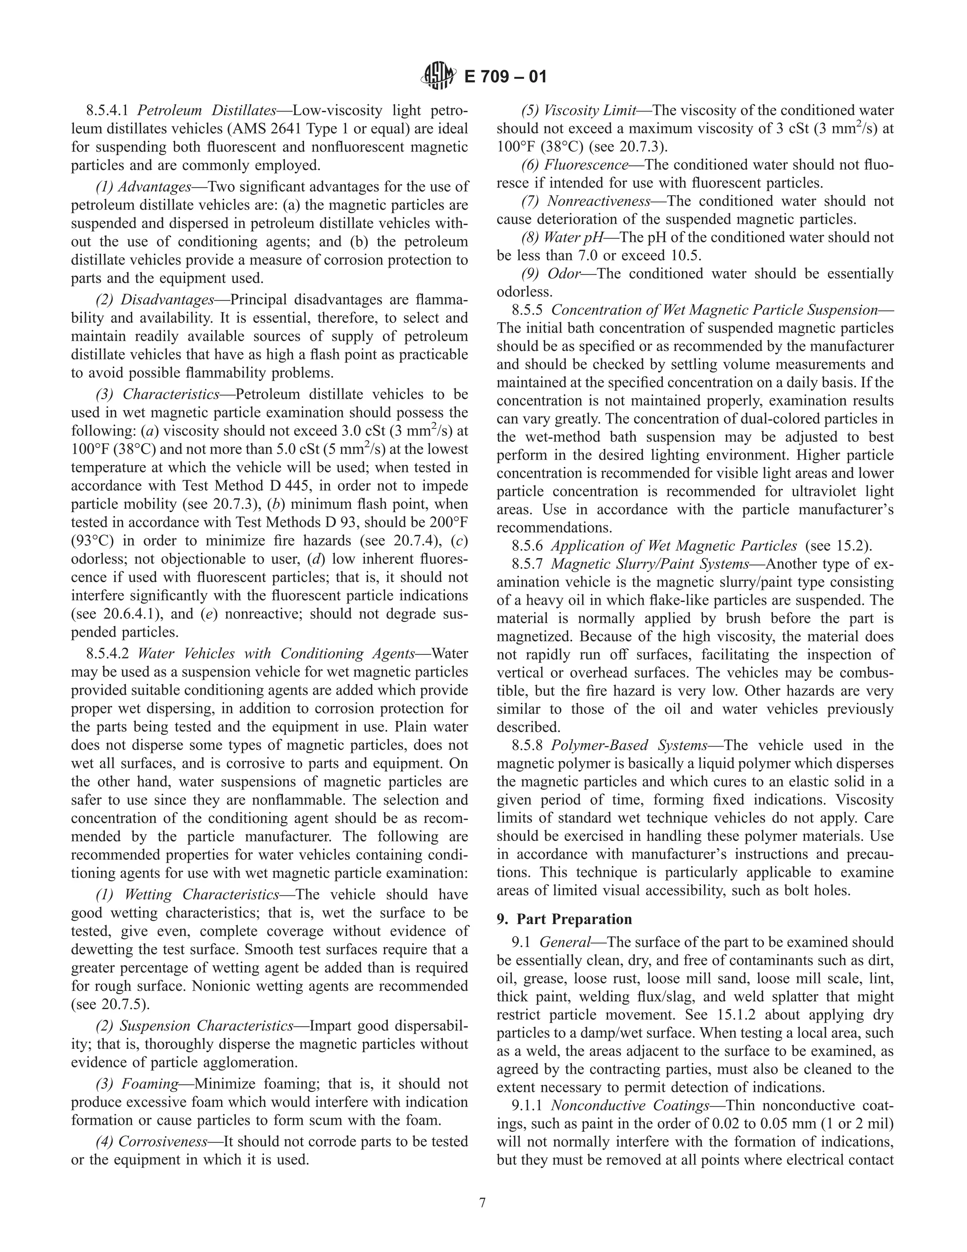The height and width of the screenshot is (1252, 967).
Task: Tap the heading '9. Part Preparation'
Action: tap(564, 919)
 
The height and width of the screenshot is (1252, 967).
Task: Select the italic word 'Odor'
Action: tap(564, 274)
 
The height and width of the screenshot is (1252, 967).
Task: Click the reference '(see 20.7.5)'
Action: tap(110, 1005)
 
